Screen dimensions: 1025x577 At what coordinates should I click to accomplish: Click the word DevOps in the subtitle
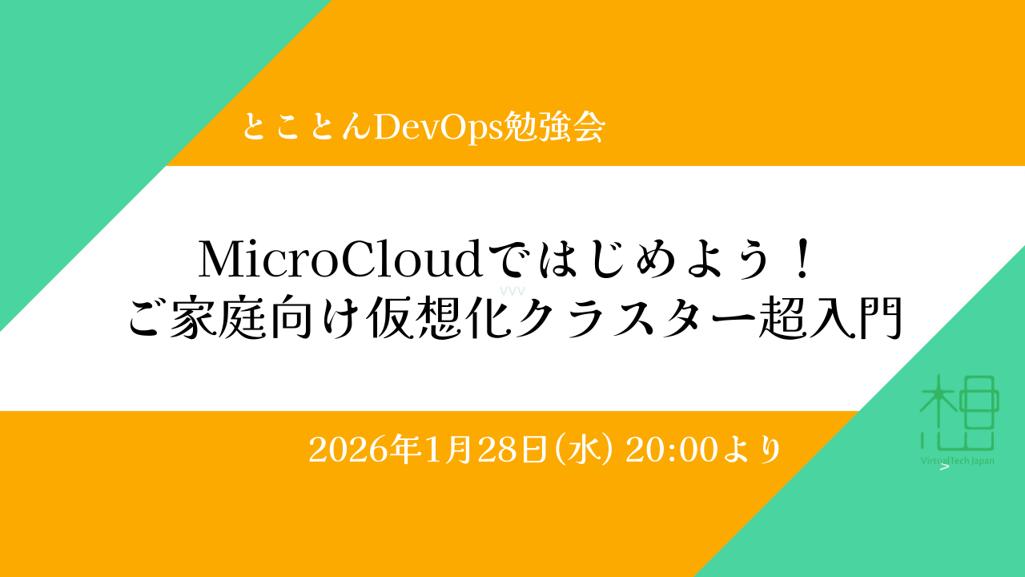[437, 127]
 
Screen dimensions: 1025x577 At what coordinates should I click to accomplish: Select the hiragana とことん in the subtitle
[307, 127]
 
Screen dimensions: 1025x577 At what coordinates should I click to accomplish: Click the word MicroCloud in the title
[340, 260]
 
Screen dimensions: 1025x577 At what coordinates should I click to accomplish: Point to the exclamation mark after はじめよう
[802, 259]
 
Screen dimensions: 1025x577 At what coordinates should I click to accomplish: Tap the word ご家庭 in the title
[197, 318]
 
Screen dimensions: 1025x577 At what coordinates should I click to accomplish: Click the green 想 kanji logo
[958, 412]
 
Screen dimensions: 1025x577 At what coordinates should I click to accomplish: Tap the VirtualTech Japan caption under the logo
[957, 460]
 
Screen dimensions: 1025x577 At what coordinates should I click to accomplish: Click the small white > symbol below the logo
[944, 467]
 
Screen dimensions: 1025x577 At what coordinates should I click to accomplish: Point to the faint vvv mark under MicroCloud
[512, 291]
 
